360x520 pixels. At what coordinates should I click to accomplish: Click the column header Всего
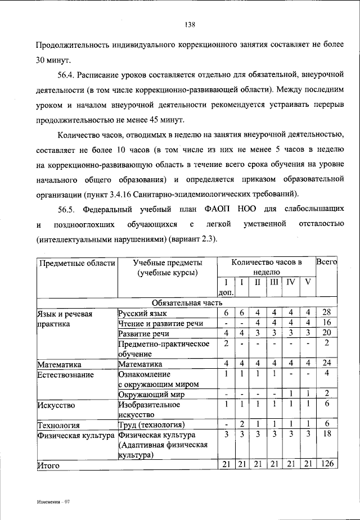327,262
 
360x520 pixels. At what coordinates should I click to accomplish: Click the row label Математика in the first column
60,364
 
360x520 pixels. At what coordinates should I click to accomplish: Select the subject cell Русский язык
142,313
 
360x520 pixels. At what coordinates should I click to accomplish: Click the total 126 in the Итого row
327,464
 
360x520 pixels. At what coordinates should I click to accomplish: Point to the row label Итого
48,465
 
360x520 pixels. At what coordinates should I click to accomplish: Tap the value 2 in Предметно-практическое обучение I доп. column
226,343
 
